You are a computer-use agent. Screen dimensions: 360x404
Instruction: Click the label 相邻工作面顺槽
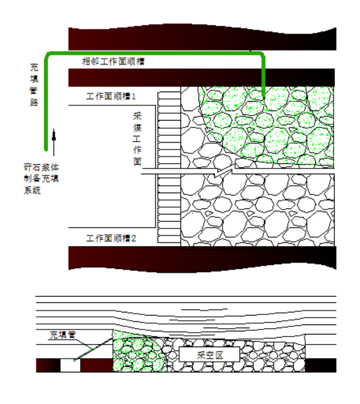[113, 62]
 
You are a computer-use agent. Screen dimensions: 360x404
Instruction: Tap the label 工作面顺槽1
[111, 97]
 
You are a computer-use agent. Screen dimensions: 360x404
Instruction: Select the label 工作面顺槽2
[111, 239]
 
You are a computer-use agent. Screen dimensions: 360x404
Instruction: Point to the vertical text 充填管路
[34, 85]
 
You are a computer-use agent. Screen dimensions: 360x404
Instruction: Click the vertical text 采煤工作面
[137, 139]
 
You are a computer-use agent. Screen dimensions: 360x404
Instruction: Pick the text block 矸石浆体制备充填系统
[41, 179]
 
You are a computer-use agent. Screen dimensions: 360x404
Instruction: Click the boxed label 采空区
[209, 355]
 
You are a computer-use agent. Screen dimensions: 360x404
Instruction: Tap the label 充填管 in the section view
[63, 335]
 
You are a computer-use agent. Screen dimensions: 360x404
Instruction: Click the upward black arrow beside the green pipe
[54, 143]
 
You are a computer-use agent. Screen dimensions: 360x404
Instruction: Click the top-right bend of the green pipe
[262, 55]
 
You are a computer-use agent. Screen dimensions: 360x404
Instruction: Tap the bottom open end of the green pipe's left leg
[46, 150]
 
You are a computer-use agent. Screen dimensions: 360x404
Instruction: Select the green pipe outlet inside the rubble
[264, 96]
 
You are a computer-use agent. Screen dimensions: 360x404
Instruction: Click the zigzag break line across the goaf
[225, 171]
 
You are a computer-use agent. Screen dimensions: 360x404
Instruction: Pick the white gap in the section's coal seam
[70, 365]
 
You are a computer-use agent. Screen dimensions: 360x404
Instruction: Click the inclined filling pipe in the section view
[93, 349]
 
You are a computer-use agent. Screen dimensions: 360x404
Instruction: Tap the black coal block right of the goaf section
[321, 365]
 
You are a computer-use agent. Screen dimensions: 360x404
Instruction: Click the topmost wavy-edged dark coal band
[202, 37]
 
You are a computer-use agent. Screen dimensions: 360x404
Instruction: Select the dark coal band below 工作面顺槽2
[202, 259]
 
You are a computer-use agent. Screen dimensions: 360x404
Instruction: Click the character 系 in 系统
[28, 191]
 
